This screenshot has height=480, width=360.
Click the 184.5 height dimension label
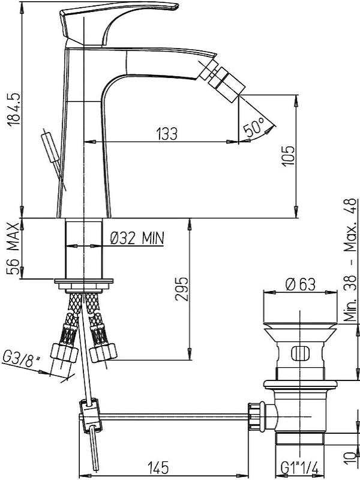click(x=14, y=109)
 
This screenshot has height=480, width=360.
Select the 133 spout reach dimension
click(x=167, y=134)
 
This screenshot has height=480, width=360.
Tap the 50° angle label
click(x=254, y=127)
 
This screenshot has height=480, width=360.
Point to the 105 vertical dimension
click(x=288, y=156)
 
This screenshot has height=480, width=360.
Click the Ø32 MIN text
click(x=137, y=238)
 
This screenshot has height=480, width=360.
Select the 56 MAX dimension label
click(x=13, y=249)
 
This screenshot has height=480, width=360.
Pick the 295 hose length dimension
click(x=181, y=289)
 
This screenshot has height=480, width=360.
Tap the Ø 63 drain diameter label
click(x=300, y=284)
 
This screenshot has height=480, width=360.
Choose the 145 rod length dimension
click(x=158, y=467)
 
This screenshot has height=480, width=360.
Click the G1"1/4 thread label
click(x=299, y=468)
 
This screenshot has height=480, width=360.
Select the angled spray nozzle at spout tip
click(x=222, y=80)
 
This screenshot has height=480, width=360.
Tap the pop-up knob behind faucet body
click(x=50, y=147)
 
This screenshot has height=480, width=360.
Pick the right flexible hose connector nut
click(x=103, y=352)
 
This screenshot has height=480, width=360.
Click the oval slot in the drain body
click(x=301, y=353)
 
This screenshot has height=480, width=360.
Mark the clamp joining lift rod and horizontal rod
click(x=91, y=415)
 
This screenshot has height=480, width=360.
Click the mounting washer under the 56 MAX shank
click(x=84, y=281)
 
